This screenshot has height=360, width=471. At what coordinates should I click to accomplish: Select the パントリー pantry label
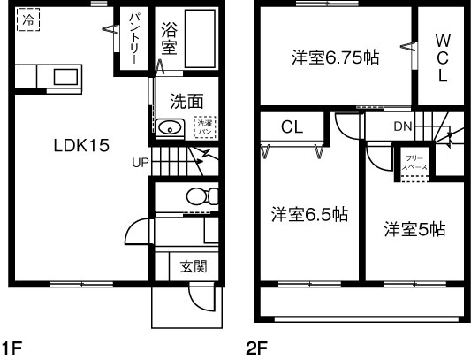(x=133, y=35)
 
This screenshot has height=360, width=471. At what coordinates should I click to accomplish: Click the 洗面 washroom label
(x=188, y=102)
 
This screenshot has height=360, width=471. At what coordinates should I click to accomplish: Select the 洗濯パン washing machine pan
(x=204, y=126)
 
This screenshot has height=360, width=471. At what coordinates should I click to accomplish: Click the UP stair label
(x=141, y=163)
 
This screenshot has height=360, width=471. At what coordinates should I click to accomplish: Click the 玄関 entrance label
(x=193, y=266)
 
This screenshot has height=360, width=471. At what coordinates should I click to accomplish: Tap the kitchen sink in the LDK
(x=64, y=77)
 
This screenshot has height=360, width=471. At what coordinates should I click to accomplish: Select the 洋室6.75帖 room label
(x=336, y=58)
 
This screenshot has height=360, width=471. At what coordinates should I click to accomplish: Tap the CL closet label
(x=292, y=127)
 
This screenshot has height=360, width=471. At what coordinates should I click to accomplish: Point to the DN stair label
(x=403, y=126)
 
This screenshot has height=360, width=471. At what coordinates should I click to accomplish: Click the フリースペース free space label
(x=414, y=161)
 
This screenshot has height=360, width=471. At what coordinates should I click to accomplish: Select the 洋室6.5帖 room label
(x=308, y=214)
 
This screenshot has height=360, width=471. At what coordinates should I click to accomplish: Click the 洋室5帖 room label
(x=414, y=229)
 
